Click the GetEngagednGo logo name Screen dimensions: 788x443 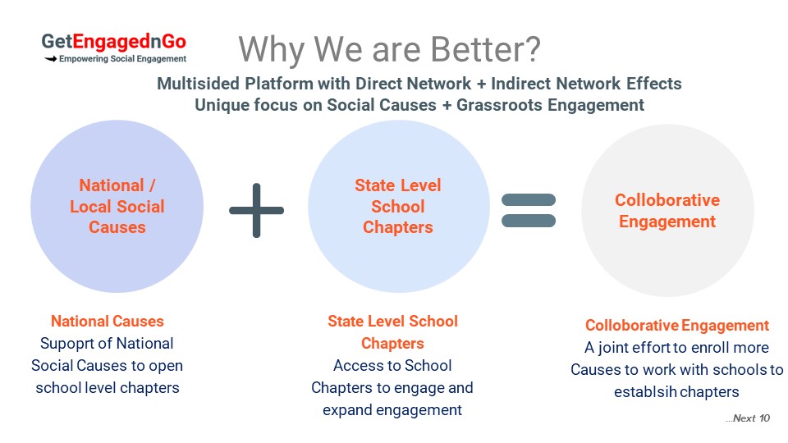point(113,42)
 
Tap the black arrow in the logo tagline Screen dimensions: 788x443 point(50,59)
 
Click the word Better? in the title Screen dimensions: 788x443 point(485,49)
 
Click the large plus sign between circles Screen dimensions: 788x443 point(256,211)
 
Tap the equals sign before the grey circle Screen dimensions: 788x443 point(529,211)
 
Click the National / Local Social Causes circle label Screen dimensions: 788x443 point(117,207)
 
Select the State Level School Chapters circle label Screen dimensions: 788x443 point(398,207)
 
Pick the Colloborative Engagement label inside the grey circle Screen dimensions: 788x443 point(667,211)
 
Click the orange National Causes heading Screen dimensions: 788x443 point(108,322)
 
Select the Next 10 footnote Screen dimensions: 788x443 point(748,418)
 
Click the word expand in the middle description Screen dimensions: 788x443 point(347,410)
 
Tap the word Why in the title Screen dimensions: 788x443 point(272,50)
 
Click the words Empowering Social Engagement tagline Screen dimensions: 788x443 point(122,59)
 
